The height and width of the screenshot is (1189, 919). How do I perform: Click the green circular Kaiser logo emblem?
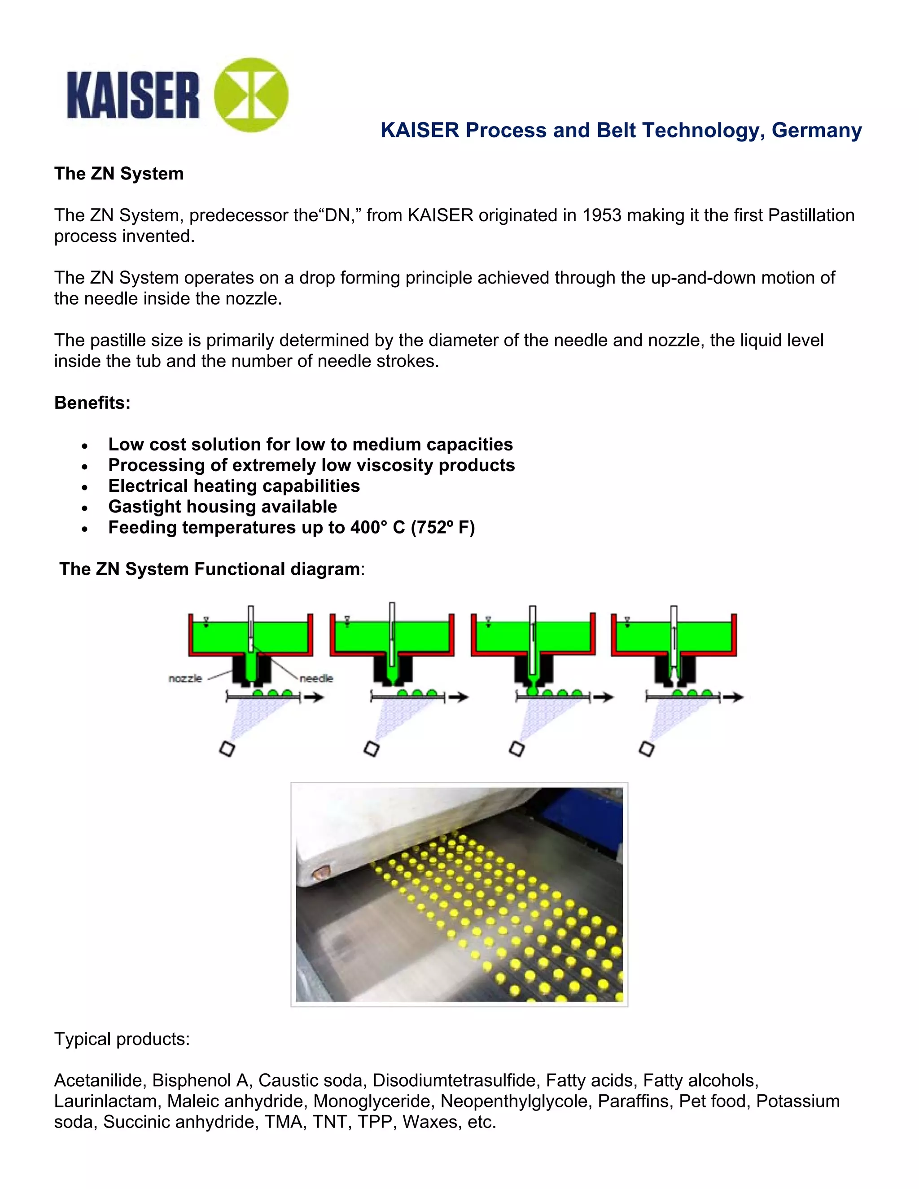(251, 95)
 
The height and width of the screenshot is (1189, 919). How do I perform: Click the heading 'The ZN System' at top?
(118, 174)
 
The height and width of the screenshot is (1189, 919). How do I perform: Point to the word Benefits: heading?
(92, 403)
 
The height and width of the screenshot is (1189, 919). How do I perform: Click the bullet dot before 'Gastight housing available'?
(84, 508)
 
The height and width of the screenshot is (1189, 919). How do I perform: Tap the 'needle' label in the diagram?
(316, 678)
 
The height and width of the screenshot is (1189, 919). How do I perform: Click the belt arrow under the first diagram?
(315, 697)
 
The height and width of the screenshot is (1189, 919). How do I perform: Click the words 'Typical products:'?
(122, 1039)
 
